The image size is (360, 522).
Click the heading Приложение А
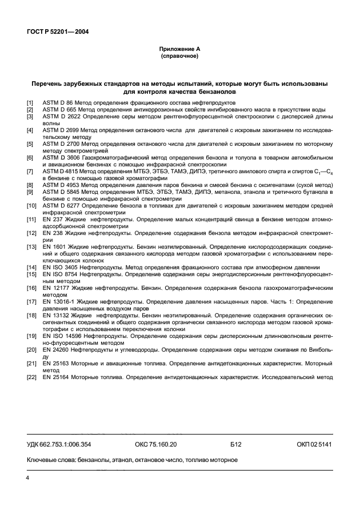coord(179,50)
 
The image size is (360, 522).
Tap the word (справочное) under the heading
coord(179,57)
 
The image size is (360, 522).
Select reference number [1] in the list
coord(30,102)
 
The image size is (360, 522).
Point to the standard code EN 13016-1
coord(58,300)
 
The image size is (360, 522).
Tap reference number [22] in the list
coord(31,377)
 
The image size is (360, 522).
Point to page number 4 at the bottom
coord(27,476)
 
